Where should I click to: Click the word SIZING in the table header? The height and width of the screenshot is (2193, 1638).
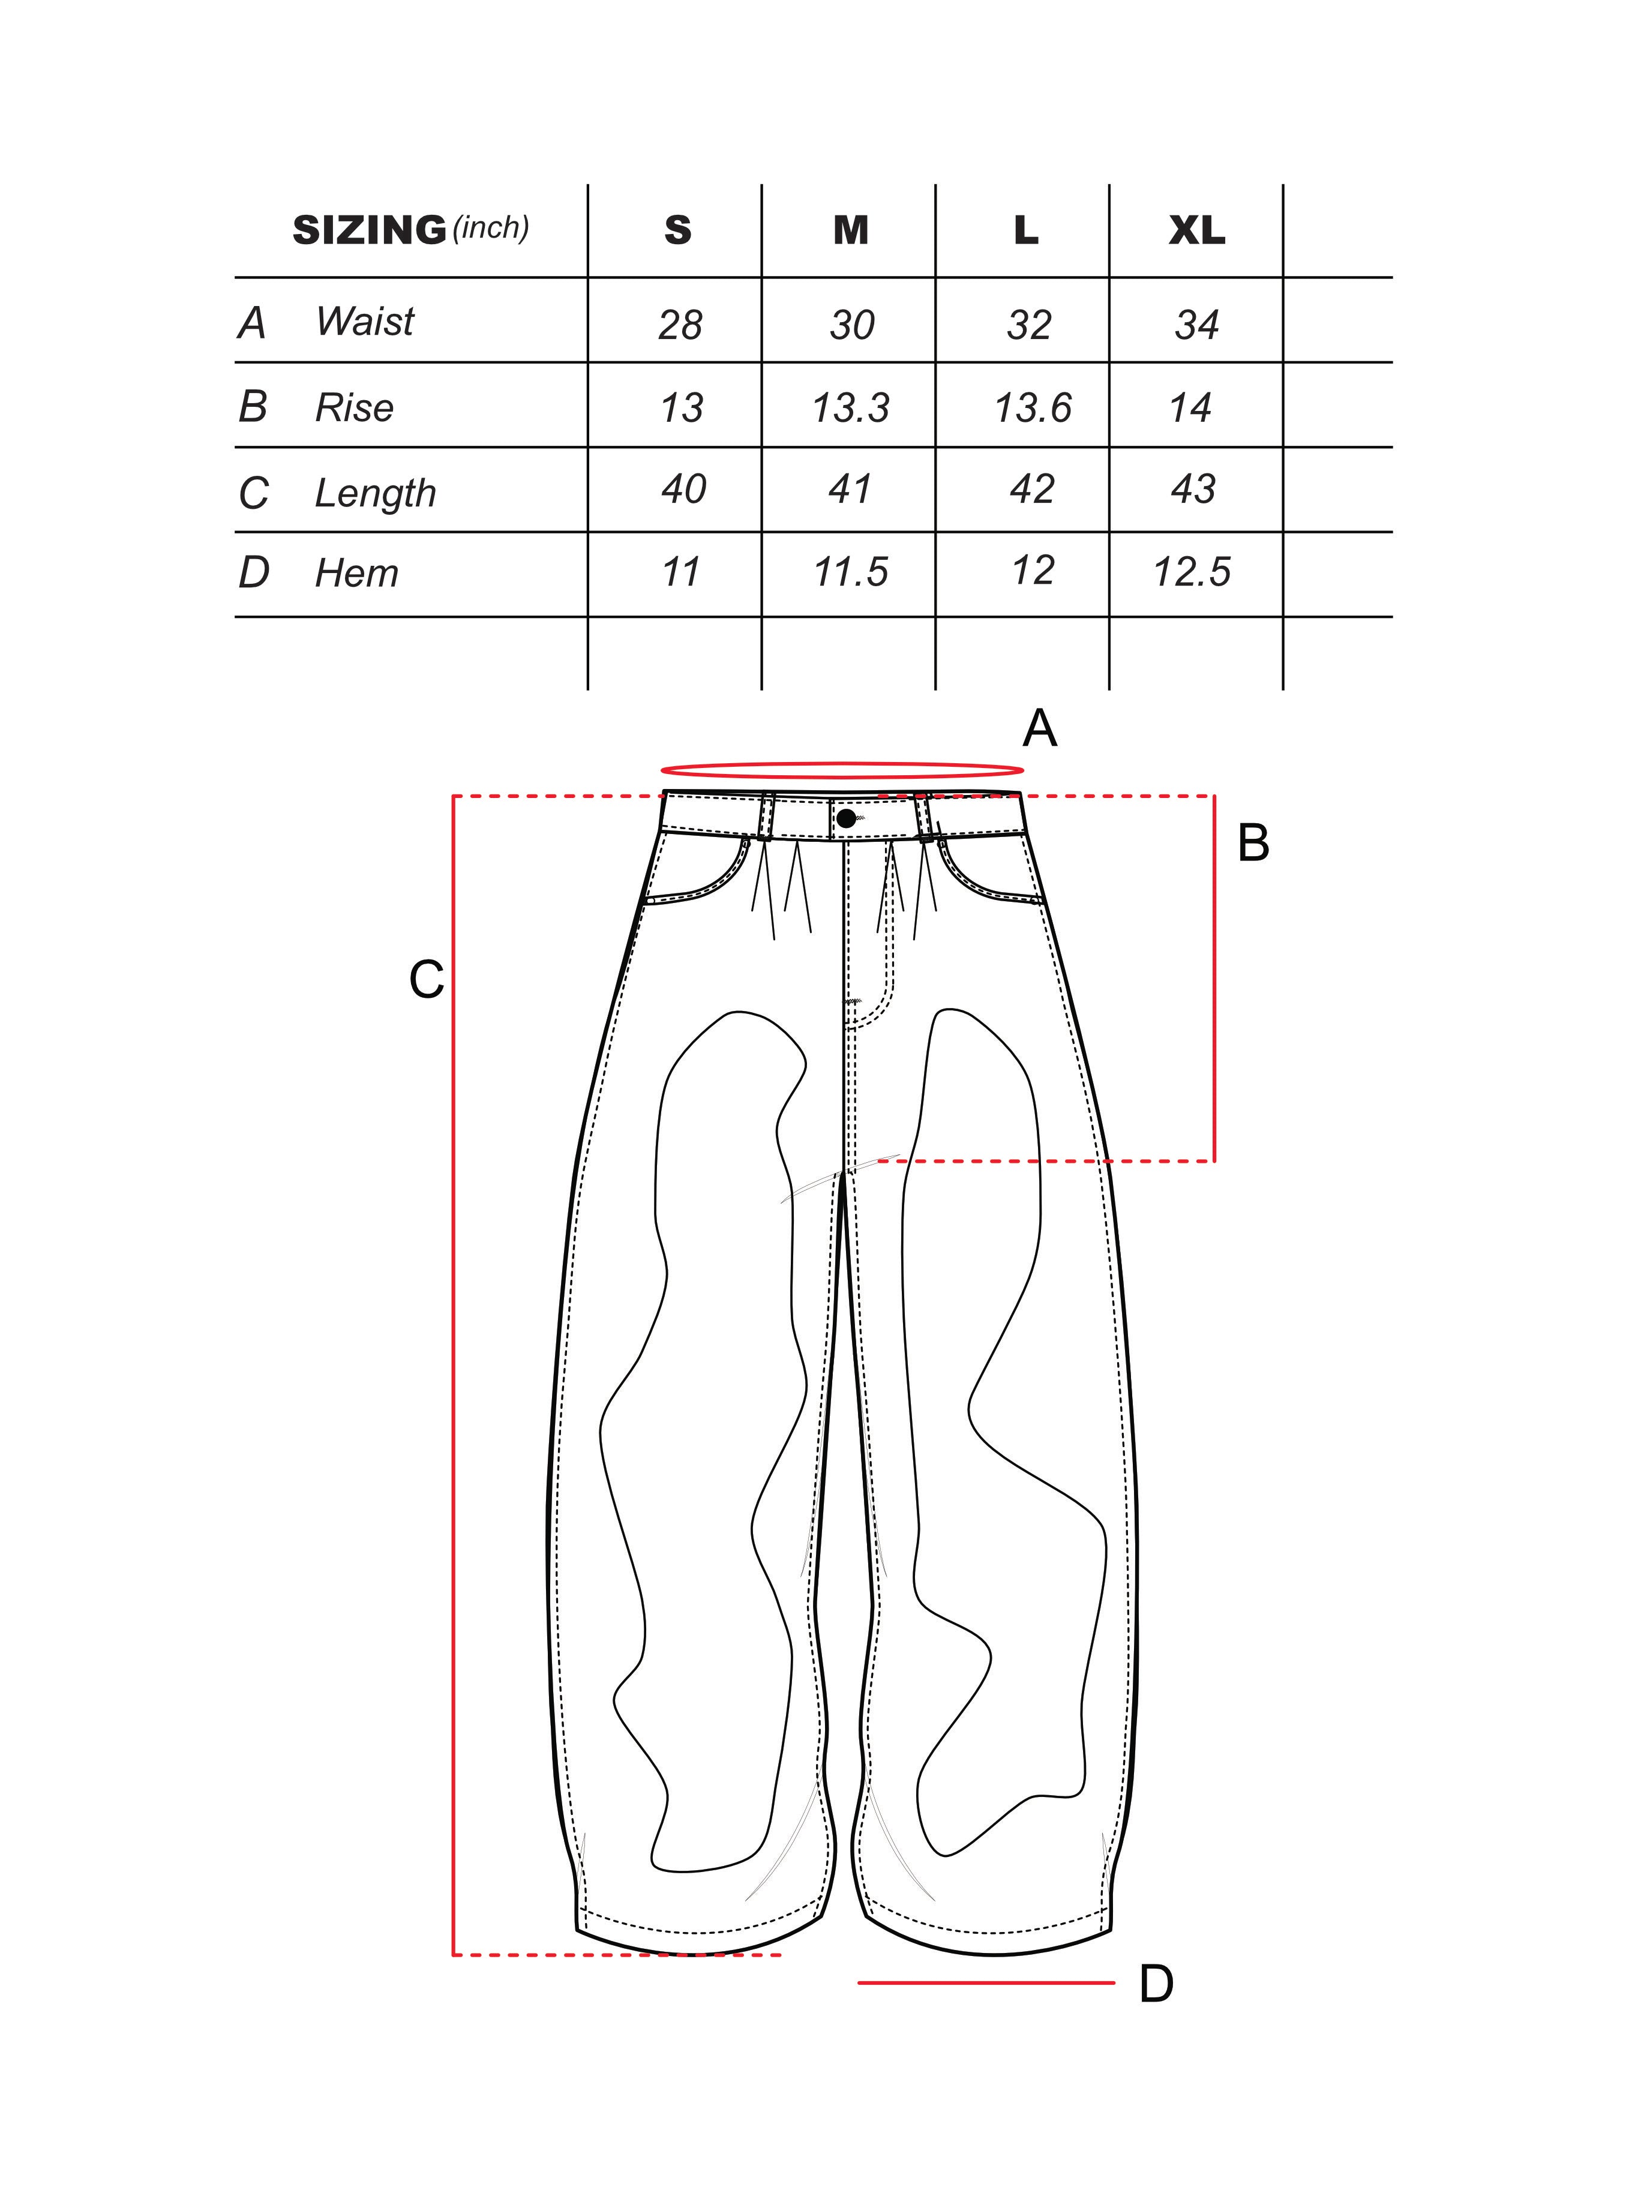point(369,230)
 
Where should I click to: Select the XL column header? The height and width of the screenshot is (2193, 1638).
point(1197,230)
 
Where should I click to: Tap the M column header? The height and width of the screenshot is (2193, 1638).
point(851,230)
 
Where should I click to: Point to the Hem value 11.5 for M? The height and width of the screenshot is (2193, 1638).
point(851,572)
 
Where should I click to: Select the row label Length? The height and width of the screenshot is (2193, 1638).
point(375,493)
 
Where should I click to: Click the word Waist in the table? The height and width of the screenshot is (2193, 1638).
point(364,321)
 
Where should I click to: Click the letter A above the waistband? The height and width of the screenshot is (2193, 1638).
point(1039,730)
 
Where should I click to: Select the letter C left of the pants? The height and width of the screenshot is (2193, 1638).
point(427,980)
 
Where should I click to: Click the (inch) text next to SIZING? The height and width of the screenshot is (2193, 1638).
point(491,228)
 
